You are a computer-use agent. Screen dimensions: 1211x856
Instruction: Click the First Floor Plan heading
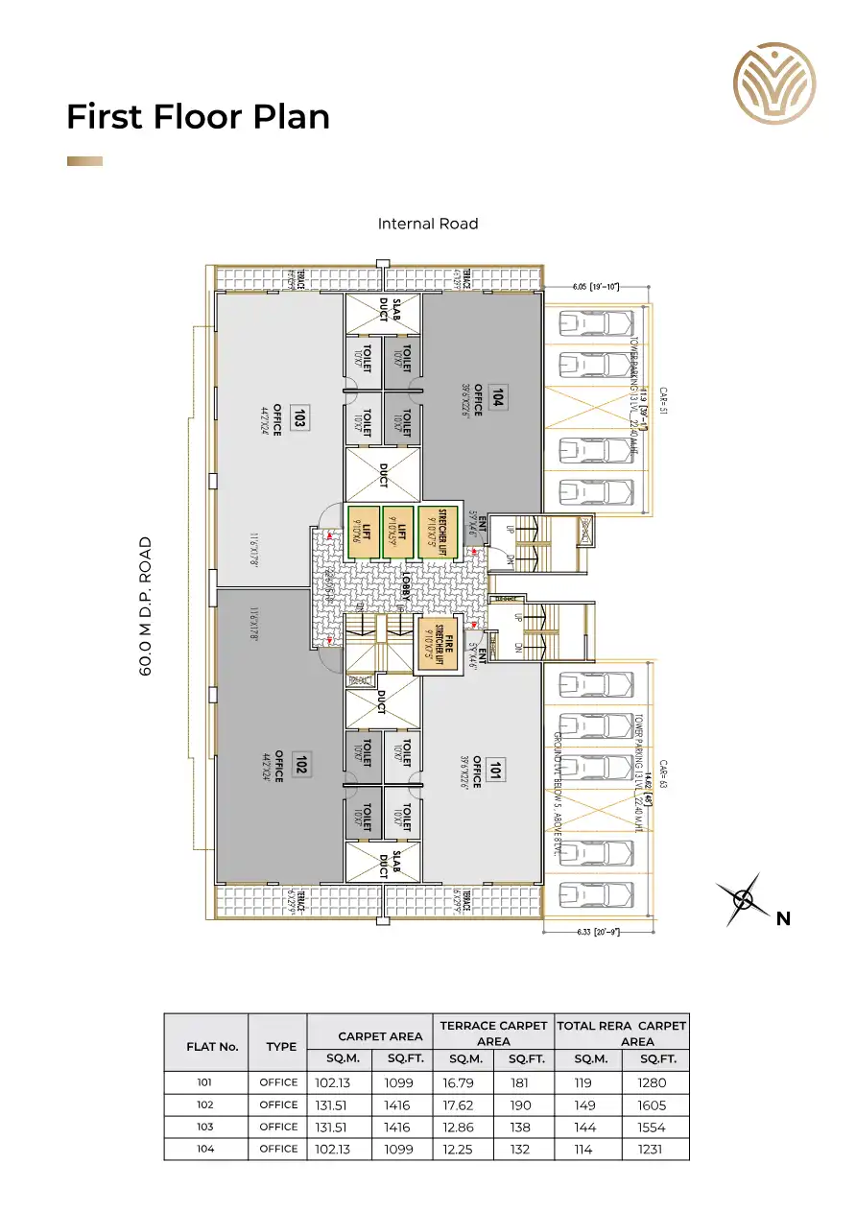198,117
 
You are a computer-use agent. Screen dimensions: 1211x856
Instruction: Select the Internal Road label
428,224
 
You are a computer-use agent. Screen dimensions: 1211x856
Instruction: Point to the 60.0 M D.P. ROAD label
147,606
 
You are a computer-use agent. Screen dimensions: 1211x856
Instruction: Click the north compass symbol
745,899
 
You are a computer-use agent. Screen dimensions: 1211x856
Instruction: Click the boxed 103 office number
299,418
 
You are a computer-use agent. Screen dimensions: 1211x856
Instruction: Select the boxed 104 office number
497,397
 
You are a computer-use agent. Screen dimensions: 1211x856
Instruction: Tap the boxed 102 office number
299,765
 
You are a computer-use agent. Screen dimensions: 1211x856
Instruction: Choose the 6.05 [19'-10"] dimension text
597,286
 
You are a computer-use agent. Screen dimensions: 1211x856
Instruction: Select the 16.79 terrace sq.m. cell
464,1083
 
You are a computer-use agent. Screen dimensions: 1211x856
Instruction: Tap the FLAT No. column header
212,1047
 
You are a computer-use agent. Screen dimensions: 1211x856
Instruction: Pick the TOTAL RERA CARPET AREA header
622,1033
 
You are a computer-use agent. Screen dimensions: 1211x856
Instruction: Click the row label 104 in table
204,1149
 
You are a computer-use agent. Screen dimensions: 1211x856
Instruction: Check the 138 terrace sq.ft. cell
525,1128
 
